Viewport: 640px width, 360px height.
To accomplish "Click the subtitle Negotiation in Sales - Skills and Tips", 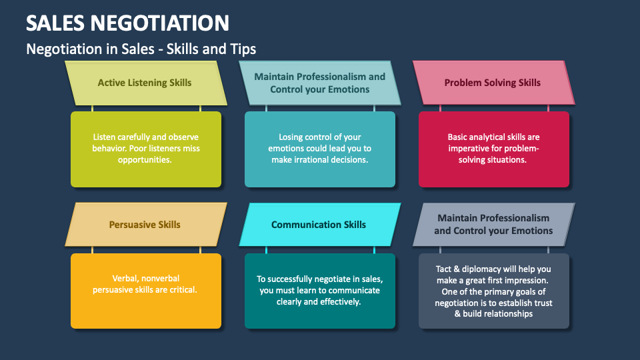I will coord(141,49).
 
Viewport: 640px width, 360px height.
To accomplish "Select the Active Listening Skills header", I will coord(145,83).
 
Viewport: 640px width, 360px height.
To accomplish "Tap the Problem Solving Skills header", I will coord(493,83).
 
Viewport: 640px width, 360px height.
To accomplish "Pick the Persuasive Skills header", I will coord(145,225).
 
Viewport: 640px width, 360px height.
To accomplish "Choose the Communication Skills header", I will coord(319,225).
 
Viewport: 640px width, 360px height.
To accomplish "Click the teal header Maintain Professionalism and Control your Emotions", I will coord(320,83).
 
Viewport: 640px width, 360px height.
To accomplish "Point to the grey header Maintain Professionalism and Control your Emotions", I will coord(493,224).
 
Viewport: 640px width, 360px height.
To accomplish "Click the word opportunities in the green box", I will coord(146,160).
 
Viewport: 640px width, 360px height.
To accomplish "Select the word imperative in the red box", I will coord(475,149).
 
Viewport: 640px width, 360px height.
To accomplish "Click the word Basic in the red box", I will coord(459,137).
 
